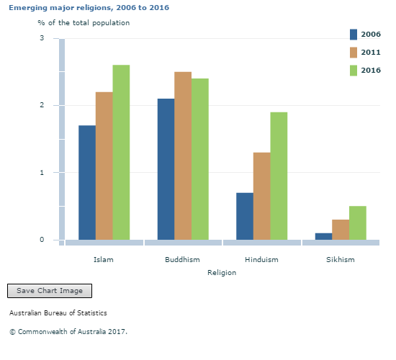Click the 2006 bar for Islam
tap(87, 182)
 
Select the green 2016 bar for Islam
tap(121, 152)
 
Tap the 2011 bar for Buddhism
tap(183, 156)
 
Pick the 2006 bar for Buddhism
tap(166, 169)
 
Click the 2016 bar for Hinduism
tap(279, 176)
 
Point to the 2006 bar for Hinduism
tap(245, 216)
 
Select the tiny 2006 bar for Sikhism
tap(323, 236)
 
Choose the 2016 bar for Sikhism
tap(358, 222)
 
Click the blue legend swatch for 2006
tap(354, 35)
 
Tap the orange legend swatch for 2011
tap(354, 53)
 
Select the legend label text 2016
tap(371, 71)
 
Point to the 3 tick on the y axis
tap(41, 38)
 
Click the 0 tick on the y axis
tap(41, 240)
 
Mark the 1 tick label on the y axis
tap(41, 173)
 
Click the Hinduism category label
tap(261, 259)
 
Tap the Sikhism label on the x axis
tap(341, 259)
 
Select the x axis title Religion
tap(221, 273)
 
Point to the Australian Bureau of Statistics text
tap(58, 313)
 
